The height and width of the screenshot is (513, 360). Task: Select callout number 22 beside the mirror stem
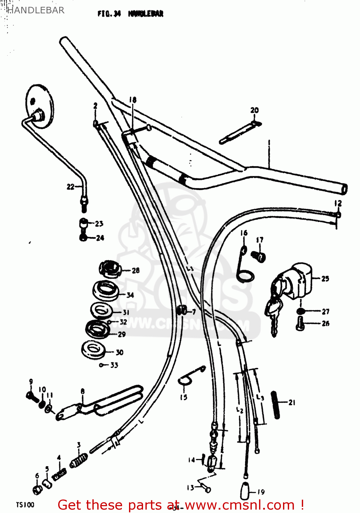[x=70, y=187]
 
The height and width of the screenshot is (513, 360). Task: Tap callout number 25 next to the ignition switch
[x=325, y=279]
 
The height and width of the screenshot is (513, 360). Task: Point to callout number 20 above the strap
[x=254, y=110]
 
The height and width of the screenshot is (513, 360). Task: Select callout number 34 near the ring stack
[x=130, y=295]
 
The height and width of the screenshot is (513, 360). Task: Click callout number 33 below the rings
[x=114, y=365]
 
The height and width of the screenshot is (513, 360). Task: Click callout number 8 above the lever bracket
[x=82, y=391]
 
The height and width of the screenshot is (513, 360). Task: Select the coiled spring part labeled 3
[x=79, y=460]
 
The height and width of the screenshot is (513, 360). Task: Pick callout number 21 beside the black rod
[x=292, y=403]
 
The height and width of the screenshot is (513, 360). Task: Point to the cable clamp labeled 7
[x=181, y=311]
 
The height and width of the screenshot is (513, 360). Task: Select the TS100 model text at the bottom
[x=25, y=505]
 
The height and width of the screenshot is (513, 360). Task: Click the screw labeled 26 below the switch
[x=300, y=323]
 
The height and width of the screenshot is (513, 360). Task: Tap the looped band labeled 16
[x=244, y=267]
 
